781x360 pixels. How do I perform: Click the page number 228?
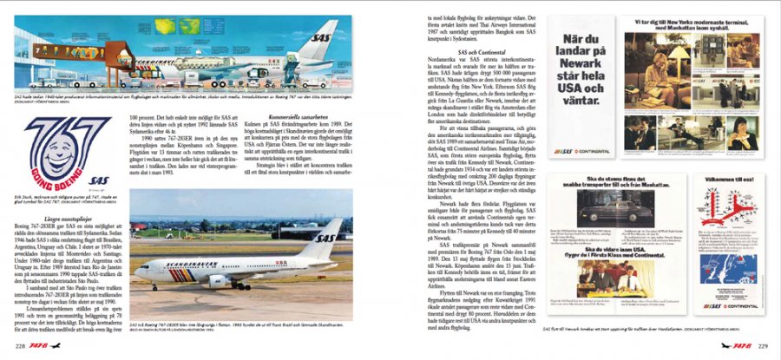(18, 345)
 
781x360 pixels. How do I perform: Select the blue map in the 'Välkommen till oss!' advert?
(730, 269)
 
